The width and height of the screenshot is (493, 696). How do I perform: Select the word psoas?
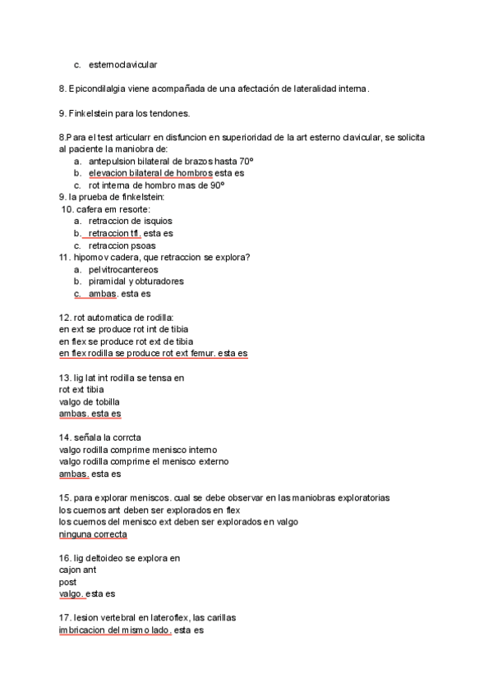click(141, 245)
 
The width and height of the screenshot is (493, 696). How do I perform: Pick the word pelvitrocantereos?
click(123, 269)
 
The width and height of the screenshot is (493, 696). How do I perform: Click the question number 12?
click(64, 318)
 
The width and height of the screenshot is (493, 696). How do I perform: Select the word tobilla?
click(104, 401)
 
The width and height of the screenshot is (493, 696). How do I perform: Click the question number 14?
click(64, 437)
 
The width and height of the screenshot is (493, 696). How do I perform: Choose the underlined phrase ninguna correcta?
click(93, 534)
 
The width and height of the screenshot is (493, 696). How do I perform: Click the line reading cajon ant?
click(78, 570)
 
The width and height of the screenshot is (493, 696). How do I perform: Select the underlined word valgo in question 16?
click(71, 594)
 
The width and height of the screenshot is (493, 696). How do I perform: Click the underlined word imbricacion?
click(83, 630)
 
